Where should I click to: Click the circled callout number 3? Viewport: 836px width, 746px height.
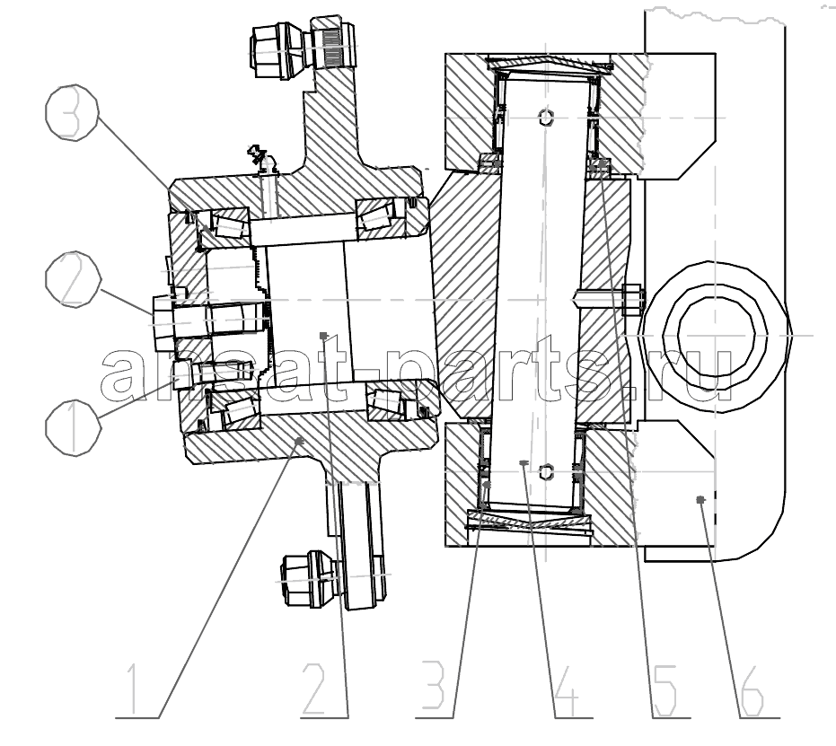pyautogui.click(x=72, y=112)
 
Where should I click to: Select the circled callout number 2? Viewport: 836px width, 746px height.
pyautogui.click(x=73, y=280)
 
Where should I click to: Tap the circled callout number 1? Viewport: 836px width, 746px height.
pyautogui.click(x=73, y=427)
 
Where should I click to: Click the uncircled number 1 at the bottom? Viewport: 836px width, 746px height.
pyautogui.click(x=133, y=689)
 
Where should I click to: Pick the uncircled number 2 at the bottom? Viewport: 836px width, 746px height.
pyautogui.click(x=317, y=689)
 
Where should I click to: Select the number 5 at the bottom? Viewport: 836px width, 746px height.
pyautogui.click(x=665, y=689)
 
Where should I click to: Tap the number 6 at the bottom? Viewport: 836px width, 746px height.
pyautogui.click(x=752, y=689)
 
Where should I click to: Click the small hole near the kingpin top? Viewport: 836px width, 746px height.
pyautogui.click(x=547, y=117)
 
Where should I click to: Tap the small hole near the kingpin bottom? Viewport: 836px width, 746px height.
pyautogui.click(x=547, y=471)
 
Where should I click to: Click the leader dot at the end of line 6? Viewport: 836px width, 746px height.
pyautogui.click(x=701, y=499)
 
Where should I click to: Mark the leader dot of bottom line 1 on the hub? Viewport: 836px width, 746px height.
pyautogui.click(x=298, y=441)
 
